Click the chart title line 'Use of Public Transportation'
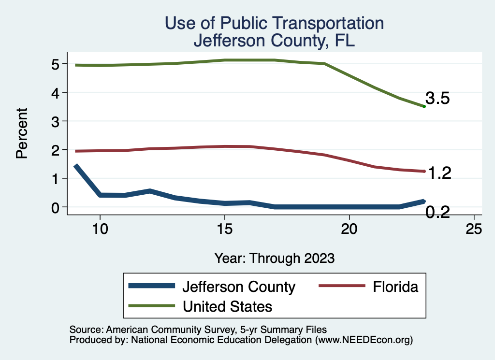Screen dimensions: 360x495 [x=274, y=23]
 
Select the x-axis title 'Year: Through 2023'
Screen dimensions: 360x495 [x=274, y=258]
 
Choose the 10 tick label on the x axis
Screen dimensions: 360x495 [x=100, y=229]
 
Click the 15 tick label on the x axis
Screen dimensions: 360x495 [x=224, y=229]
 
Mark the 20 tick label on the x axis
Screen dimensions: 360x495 [x=349, y=229]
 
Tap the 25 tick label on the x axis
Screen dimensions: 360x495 [x=474, y=229]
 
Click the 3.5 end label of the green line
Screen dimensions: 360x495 [x=438, y=99]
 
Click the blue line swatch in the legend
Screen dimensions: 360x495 [x=151, y=286]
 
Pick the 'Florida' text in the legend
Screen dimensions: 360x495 [x=395, y=287]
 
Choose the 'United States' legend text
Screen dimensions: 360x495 [x=227, y=306]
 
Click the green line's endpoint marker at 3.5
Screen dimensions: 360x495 [x=424, y=106]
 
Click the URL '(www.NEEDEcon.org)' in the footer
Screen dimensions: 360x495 [x=364, y=340]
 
